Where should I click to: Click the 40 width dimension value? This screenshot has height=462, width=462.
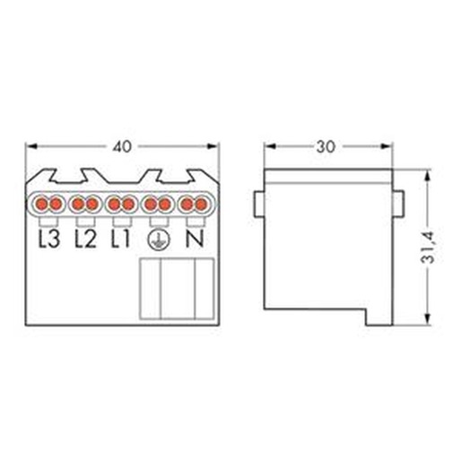122,146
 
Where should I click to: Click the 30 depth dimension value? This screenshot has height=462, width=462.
327,147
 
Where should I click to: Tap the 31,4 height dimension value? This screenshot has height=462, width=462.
428,248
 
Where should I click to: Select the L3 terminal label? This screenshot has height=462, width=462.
49,239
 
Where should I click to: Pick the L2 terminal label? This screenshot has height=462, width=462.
85,239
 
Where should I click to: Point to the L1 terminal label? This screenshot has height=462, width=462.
121,239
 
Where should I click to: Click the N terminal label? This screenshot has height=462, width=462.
195,239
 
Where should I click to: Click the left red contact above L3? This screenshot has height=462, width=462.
42,205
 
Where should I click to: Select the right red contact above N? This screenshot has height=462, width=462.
201,205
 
